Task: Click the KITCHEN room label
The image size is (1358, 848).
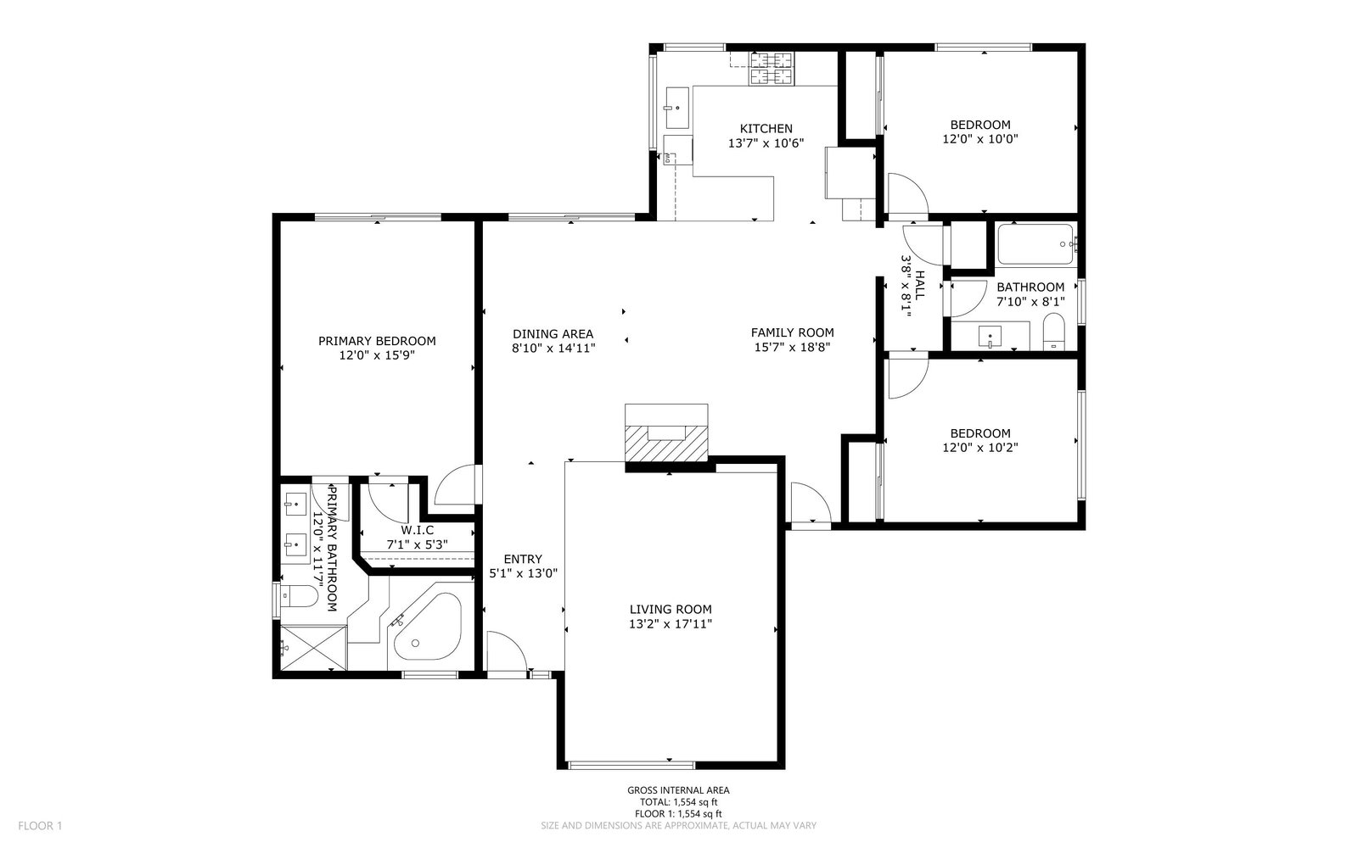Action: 766,128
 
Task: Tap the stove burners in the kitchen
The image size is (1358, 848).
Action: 772,69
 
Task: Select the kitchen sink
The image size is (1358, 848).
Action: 677,108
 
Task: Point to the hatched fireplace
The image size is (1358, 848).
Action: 666,443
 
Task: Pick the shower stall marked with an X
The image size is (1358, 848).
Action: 313,648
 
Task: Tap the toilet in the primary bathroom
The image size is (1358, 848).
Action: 299,597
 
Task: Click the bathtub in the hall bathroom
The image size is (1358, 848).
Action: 1036,244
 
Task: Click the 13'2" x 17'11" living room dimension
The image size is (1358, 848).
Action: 671,624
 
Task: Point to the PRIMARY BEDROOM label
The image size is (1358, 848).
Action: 377,341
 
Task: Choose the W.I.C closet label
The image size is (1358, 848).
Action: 417,531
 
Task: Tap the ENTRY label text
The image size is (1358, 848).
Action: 523,559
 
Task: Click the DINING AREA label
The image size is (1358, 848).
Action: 553,334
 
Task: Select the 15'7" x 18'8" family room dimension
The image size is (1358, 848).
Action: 792,347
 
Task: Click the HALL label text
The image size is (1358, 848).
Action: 920,285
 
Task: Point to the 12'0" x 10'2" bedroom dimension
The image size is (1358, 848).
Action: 980,448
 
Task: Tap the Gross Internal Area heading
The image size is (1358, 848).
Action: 678,790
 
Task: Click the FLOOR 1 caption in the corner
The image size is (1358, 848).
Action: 40,826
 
